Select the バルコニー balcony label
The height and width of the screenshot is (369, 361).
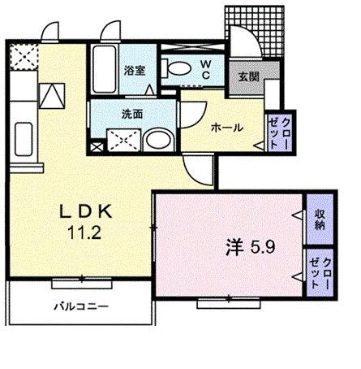pos(82,307)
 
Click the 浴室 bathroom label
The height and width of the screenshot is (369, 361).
pos(135,71)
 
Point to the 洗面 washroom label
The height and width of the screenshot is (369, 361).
pos(132,114)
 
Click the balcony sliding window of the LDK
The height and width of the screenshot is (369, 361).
pos(81,282)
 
